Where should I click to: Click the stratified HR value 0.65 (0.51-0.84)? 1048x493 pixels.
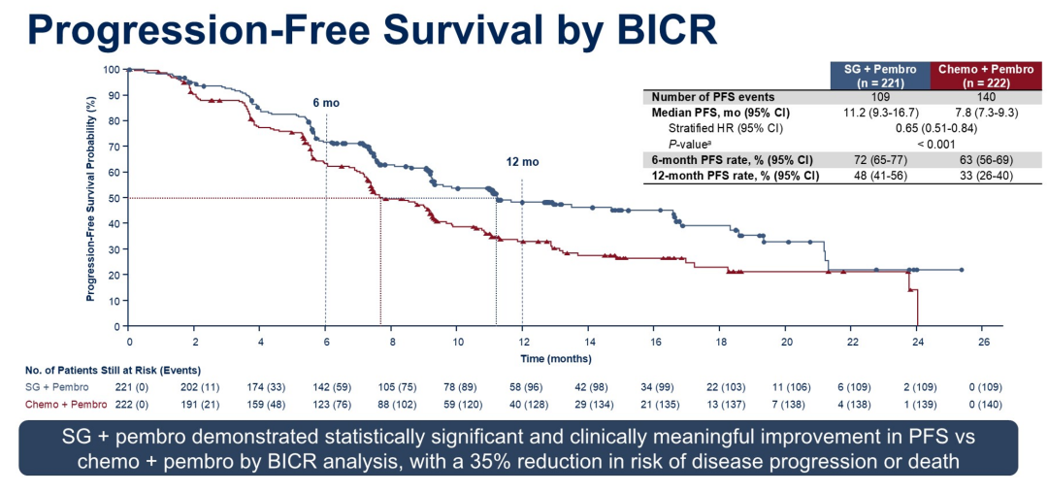pyautogui.click(x=930, y=128)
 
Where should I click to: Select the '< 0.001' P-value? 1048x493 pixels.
pyautogui.click(x=930, y=144)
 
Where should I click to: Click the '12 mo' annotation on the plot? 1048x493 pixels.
pyautogui.click(x=522, y=162)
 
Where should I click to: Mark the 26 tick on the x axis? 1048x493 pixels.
pyautogui.click(x=983, y=342)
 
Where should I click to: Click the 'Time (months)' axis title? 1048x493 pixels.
pyautogui.click(x=554, y=358)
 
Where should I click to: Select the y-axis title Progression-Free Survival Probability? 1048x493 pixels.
pyautogui.click(x=90, y=198)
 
